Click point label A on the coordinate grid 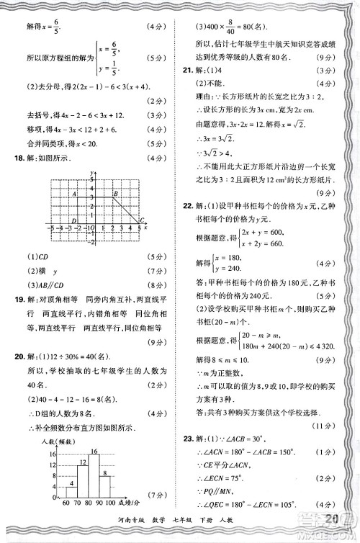point(74,194)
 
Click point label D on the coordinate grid point(74,220)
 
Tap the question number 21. point(188,71)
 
